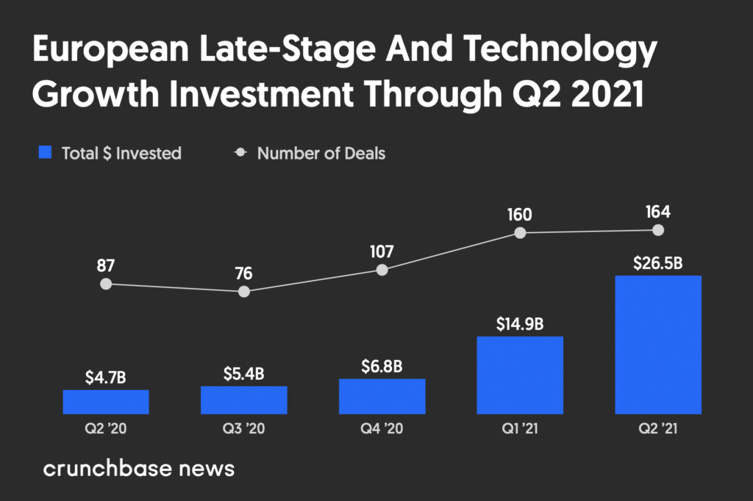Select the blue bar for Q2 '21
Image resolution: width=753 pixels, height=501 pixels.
pyautogui.click(x=658, y=345)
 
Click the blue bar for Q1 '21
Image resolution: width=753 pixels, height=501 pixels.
pyautogui.click(x=520, y=375)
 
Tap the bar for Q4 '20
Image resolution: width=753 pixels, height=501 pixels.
pyautogui.click(x=382, y=397)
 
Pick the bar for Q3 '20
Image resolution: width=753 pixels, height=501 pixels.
pyautogui.click(x=244, y=400)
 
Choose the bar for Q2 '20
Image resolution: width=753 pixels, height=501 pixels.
pyautogui.click(x=106, y=402)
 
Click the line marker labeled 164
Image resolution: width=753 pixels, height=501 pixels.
pyautogui.click(x=658, y=231)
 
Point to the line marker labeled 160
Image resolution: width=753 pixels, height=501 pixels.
pyautogui.click(x=520, y=233)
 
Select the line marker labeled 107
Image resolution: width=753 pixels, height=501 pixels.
pyautogui.click(x=382, y=270)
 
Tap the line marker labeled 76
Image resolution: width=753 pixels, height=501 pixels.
pyautogui.click(x=244, y=292)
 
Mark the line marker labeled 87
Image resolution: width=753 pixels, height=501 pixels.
pyautogui.click(x=106, y=284)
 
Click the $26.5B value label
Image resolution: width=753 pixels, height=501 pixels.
pyautogui.click(x=657, y=263)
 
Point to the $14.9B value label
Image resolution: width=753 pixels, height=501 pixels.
pyautogui.click(x=520, y=324)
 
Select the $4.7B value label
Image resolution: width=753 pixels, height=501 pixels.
pyautogui.click(x=106, y=378)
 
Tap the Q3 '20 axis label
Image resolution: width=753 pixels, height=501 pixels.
pyautogui.click(x=243, y=428)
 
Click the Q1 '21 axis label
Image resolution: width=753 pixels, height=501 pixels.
pyautogui.click(x=520, y=428)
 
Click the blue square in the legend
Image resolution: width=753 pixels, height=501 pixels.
pyautogui.click(x=45, y=152)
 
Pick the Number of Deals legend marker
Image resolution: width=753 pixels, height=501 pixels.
pyautogui.click(x=240, y=153)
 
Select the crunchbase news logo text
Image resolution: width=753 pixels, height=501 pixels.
pyautogui.click(x=139, y=469)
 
